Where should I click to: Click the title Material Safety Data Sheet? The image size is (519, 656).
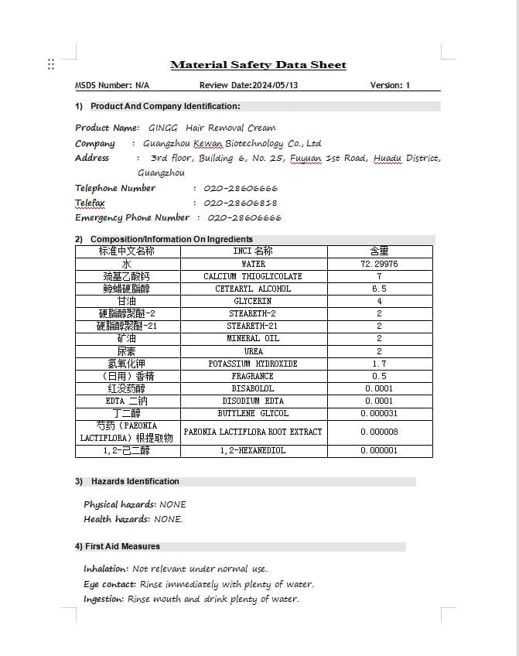click(258, 65)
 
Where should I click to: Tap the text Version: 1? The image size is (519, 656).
click(390, 85)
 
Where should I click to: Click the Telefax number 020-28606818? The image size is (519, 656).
click(241, 203)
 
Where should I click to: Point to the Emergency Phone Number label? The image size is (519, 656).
click(132, 217)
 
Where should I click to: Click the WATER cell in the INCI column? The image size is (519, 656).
click(253, 264)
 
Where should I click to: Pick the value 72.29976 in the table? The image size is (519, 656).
click(379, 264)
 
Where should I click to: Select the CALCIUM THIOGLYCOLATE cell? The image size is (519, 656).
click(253, 276)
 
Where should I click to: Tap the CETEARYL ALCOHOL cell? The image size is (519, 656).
click(253, 289)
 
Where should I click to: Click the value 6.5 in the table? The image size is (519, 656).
click(379, 289)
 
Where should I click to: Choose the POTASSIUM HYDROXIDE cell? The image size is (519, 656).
click(253, 364)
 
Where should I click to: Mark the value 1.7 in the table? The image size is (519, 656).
click(379, 364)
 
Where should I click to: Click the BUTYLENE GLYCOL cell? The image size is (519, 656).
click(253, 413)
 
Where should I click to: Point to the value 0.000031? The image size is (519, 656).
click(379, 413)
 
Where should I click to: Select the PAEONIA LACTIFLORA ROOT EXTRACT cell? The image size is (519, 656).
click(253, 432)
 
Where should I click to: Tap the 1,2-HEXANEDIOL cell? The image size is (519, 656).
click(253, 450)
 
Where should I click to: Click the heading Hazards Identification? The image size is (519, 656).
click(135, 481)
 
